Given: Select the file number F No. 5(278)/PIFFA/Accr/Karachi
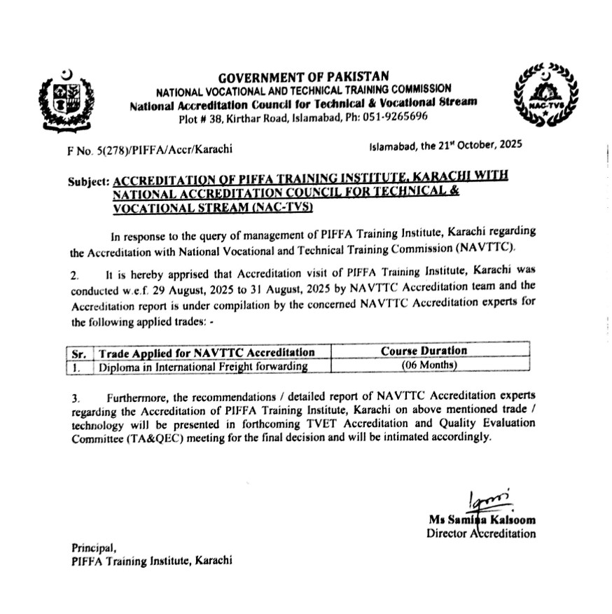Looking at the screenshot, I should [x=147, y=148].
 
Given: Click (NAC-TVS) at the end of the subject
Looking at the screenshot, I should [x=283, y=208].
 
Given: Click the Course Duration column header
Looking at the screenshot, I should [x=424, y=351].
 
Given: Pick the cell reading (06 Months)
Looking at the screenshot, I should [x=429, y=365].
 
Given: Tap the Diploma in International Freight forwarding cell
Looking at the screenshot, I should [x=203, y=366].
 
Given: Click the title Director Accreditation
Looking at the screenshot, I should [x=481, y=534].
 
